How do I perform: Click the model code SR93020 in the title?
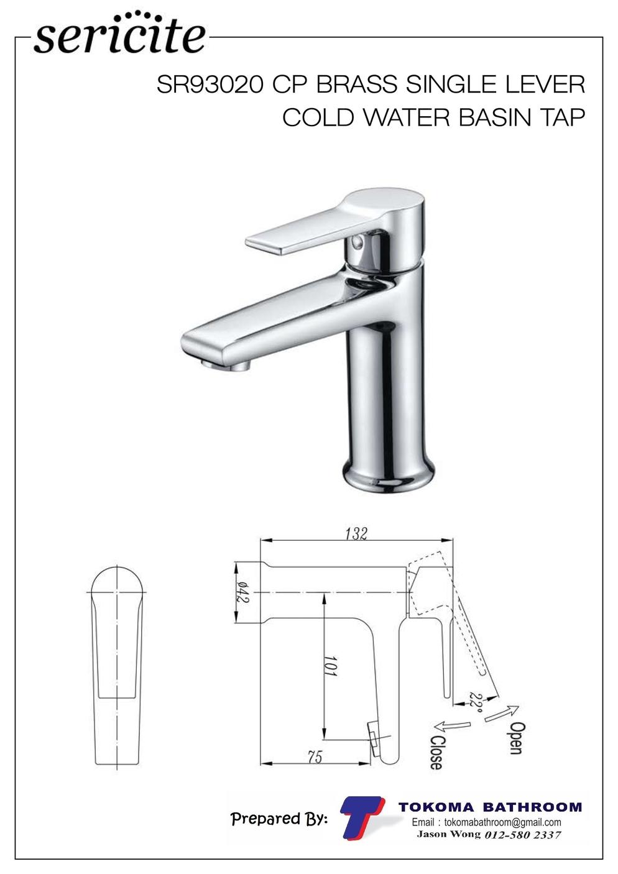pos(209,85)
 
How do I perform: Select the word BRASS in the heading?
pos(357,85)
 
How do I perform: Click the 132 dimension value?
pos(357,533)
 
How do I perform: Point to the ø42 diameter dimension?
pos(242,592)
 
